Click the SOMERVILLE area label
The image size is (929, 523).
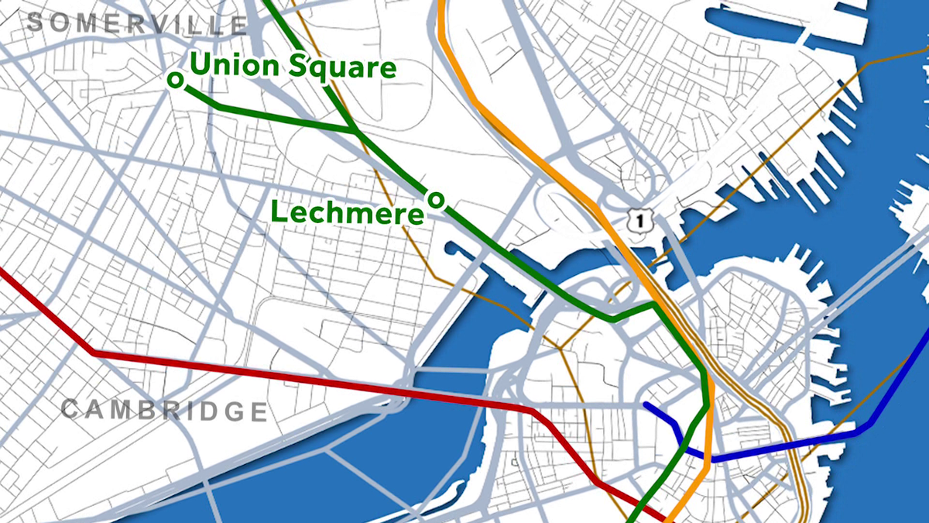[136, 22]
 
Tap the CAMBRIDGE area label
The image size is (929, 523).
[163, 410]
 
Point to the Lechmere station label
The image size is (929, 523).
[348, 212]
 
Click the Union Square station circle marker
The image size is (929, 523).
[176, 79]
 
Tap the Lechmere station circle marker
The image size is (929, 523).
[436, 200]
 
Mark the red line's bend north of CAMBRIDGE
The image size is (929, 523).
[94, 353]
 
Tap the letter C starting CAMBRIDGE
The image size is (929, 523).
[70, 408]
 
